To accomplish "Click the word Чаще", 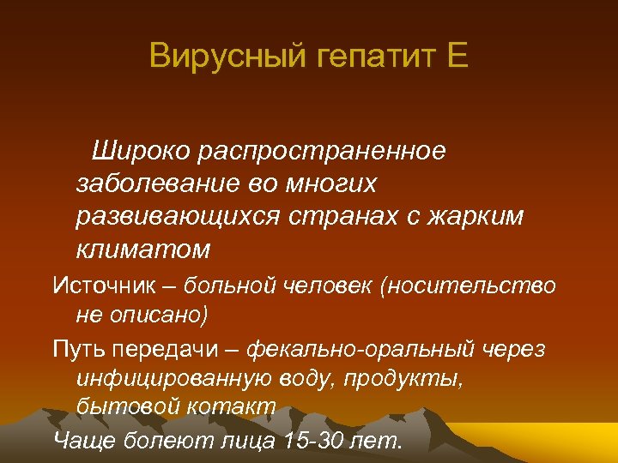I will click(82, 441).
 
